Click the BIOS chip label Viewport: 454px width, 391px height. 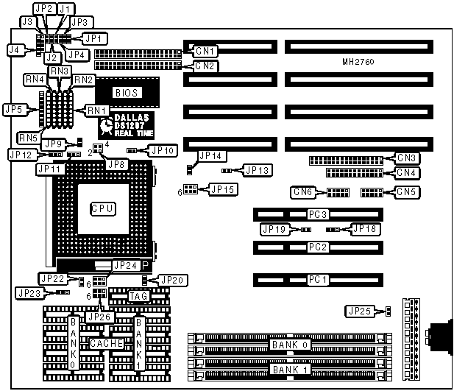[x=127, y=92]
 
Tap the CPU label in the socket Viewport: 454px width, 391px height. [x=102, y=208]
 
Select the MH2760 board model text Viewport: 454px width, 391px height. [x=358, y=63]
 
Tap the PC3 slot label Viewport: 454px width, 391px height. [x=319, y=214]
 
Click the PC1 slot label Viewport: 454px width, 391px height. [x=319, y=280]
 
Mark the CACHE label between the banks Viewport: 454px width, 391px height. [x=105, y=343]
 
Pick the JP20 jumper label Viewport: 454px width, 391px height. [x=172, y=280]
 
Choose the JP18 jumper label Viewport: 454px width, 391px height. [x=366, y=229]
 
